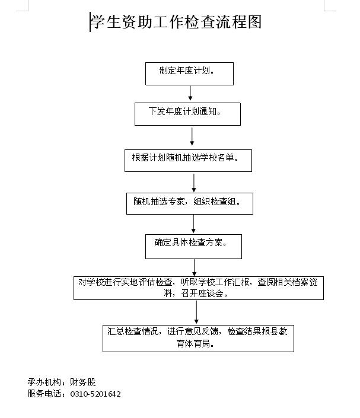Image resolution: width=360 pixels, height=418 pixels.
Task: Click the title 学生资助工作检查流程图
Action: pos(176,22)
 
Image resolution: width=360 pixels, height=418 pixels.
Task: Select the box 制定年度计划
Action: pos(189,74)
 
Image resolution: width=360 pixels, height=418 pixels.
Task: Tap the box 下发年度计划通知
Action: pos(187,114)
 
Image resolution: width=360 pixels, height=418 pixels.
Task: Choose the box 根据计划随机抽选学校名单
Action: pos(188,161)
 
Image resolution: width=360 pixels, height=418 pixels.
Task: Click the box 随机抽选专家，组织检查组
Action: pos(190,204)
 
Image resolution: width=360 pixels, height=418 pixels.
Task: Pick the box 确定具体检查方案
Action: pos(193,247)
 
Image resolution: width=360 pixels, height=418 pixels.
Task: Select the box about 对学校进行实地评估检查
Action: pos(199,288)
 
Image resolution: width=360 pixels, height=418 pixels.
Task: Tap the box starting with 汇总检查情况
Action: pos(199,339)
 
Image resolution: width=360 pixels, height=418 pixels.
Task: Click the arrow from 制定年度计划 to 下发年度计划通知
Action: pos(190,93)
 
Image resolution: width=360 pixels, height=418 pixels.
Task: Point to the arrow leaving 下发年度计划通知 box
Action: pos(192,136)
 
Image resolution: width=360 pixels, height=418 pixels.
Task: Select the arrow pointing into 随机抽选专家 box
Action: pos(194,183)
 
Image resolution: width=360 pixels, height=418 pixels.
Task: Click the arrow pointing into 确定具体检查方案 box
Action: pos(193,224)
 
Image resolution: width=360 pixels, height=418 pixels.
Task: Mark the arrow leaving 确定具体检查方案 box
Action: pos(194,267)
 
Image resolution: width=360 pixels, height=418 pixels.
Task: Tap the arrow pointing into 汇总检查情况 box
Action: pos(196,312)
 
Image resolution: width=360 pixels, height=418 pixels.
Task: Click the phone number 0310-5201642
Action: pos(95,394)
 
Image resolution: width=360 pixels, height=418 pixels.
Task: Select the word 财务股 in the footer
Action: pos(83,382)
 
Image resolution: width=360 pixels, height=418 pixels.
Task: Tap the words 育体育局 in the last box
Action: pos(193,344)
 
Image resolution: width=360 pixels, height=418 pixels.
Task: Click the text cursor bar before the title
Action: pos(90,22)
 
